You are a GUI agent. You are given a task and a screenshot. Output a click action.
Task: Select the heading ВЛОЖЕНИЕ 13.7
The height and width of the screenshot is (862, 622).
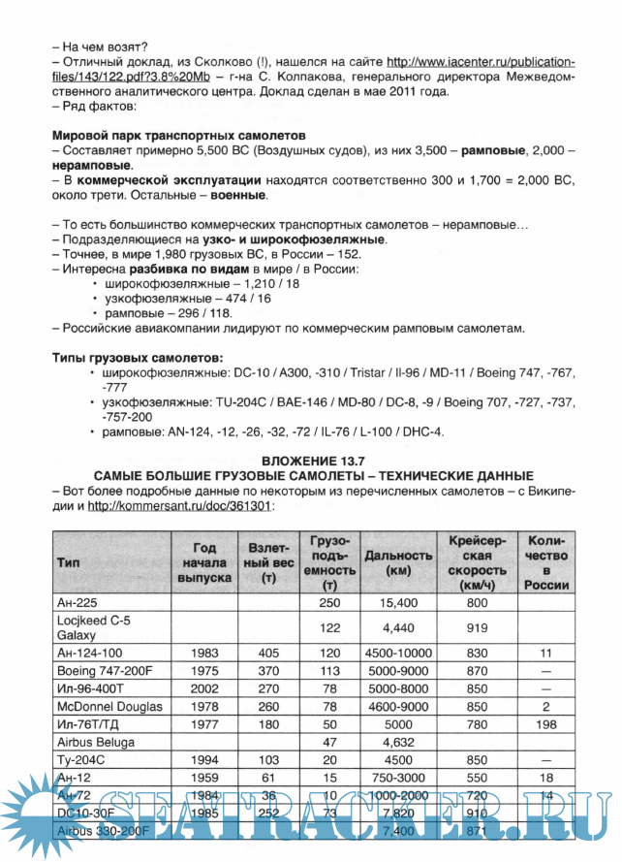pyautogui.click(x=312, y=459)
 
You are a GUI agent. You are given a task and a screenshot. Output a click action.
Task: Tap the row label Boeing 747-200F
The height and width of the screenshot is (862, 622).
pyautogui.click(x=104, y=670)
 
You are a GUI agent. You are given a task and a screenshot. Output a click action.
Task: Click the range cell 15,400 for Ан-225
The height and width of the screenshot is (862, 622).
pyautogui.click(x=398, y=602)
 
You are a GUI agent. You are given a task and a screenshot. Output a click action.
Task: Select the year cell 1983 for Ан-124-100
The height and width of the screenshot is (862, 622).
pyautogui.click(x=203, y=653)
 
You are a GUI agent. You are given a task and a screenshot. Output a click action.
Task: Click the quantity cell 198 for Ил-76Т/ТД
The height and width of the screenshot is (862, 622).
pyautogui.click(x=545, y=723)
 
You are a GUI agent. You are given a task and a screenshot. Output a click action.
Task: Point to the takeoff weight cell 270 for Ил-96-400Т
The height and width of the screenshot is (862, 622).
pyautogui.click(x=268, y=688)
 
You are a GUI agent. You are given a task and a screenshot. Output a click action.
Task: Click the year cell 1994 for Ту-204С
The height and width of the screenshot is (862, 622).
pyautogui.click(x=203, y=760)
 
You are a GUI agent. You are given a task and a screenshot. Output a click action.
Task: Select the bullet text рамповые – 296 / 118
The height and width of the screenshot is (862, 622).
pyautogui.click(x=166, y=312)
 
